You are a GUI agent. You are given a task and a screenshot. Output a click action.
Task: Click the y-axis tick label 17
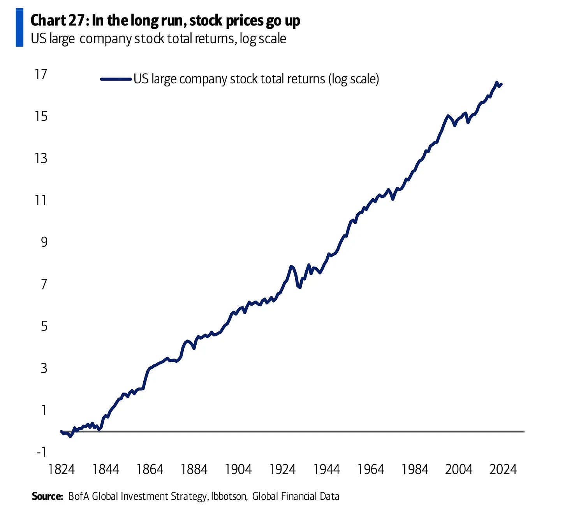(40, 74)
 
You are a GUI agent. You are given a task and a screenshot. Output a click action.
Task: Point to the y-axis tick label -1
(41, 452)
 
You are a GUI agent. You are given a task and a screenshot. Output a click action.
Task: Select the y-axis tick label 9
(44, 242)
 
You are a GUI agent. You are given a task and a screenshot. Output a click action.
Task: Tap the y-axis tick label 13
(40, 158)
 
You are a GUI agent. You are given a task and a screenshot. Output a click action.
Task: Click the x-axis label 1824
(61, 470)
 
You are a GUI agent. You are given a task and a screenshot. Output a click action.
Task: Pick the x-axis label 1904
(238, 470)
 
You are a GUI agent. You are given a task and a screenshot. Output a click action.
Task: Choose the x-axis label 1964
(370, 470)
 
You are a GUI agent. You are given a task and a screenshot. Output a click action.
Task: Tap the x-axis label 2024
(503, 470)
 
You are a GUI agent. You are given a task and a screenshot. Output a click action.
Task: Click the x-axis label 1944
(326, 470)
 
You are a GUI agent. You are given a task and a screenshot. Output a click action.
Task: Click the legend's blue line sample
(116, 79)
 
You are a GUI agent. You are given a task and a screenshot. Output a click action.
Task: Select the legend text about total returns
(256, 79)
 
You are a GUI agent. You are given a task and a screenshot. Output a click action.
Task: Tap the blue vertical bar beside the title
(19, 27)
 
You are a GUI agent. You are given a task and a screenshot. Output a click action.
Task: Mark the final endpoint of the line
(501, 84)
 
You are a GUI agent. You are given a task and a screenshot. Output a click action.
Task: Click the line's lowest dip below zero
(70, 436)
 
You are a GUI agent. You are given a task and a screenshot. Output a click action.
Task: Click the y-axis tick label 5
(44, 326)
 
